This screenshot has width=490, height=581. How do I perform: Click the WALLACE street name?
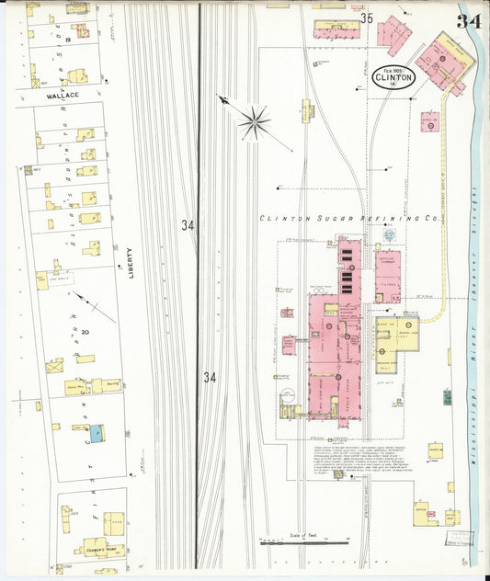(64, 95)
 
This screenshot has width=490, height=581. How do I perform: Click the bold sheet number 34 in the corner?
(469, 21)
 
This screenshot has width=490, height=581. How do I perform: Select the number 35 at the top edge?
(367, 17)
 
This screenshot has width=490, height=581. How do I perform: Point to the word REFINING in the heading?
(386, 219)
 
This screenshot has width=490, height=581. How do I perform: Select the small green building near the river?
(447, 396)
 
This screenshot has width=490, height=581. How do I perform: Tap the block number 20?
(85, 332)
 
